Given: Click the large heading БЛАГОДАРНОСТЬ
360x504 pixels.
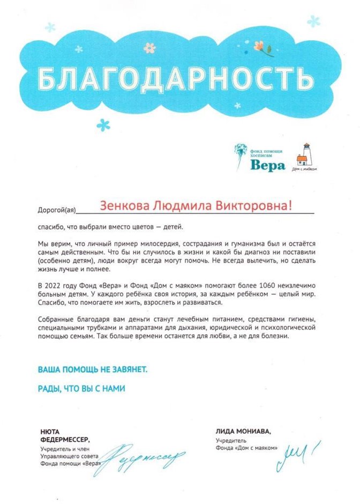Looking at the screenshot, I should pos(177,79).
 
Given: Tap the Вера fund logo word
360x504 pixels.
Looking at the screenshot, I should pos(267,165).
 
